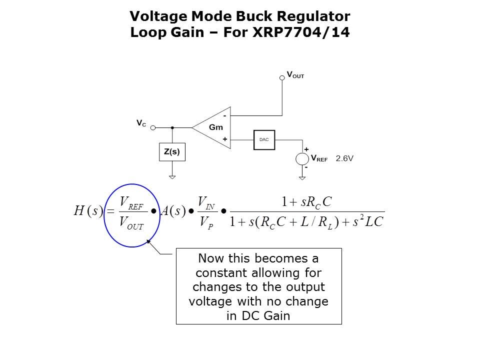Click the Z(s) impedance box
click(172, 152)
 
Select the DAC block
click(264, 139)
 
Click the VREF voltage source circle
click(302, 159)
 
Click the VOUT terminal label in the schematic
click(295, 75)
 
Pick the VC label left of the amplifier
click(141, 122)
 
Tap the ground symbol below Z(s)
click(172, 176)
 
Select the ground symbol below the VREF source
click(302, 177)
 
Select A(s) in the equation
click(173, 211)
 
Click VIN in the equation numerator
click(206, 202)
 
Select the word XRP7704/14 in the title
click(311, 33)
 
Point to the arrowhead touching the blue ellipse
click(148, 242)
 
